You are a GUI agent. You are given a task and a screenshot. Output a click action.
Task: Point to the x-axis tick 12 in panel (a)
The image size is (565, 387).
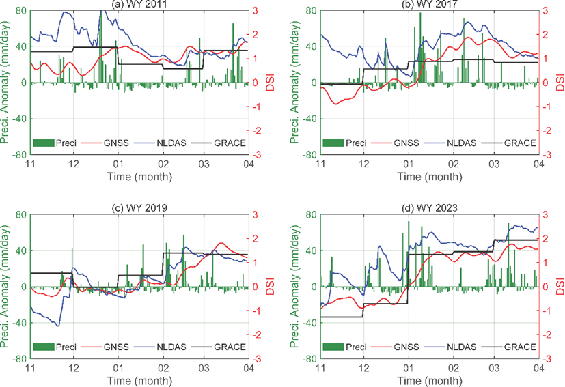click(x=74, y=164)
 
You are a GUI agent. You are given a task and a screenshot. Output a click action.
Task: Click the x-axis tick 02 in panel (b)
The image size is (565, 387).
click(x=452, y=164)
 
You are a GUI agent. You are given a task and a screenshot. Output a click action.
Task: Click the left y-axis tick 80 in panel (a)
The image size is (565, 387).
click(x=20, y=11)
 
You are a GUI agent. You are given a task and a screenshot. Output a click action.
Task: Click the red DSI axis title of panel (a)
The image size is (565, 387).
click(x=269, y=83)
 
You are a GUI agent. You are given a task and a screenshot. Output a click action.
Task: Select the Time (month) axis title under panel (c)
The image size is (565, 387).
click(x=138, y=379)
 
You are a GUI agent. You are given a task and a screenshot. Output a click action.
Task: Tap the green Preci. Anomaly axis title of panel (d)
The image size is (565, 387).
click(x=294, y=286)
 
